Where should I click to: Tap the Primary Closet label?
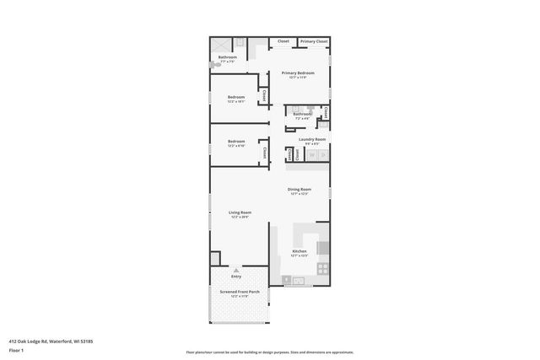(314, 41)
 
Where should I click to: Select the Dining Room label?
(300, 190)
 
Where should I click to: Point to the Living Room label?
(240, 212)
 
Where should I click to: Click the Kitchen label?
(300, 251)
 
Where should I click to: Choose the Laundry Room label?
(312, 139)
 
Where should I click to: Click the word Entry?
(236, 277)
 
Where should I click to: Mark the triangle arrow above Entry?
(236, 270)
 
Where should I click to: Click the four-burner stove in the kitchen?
(322, 268)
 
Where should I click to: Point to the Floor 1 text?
(16, 348)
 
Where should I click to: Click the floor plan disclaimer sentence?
(270, 352)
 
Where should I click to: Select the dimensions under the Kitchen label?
(300, 255)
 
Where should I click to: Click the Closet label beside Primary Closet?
(283, 41)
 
